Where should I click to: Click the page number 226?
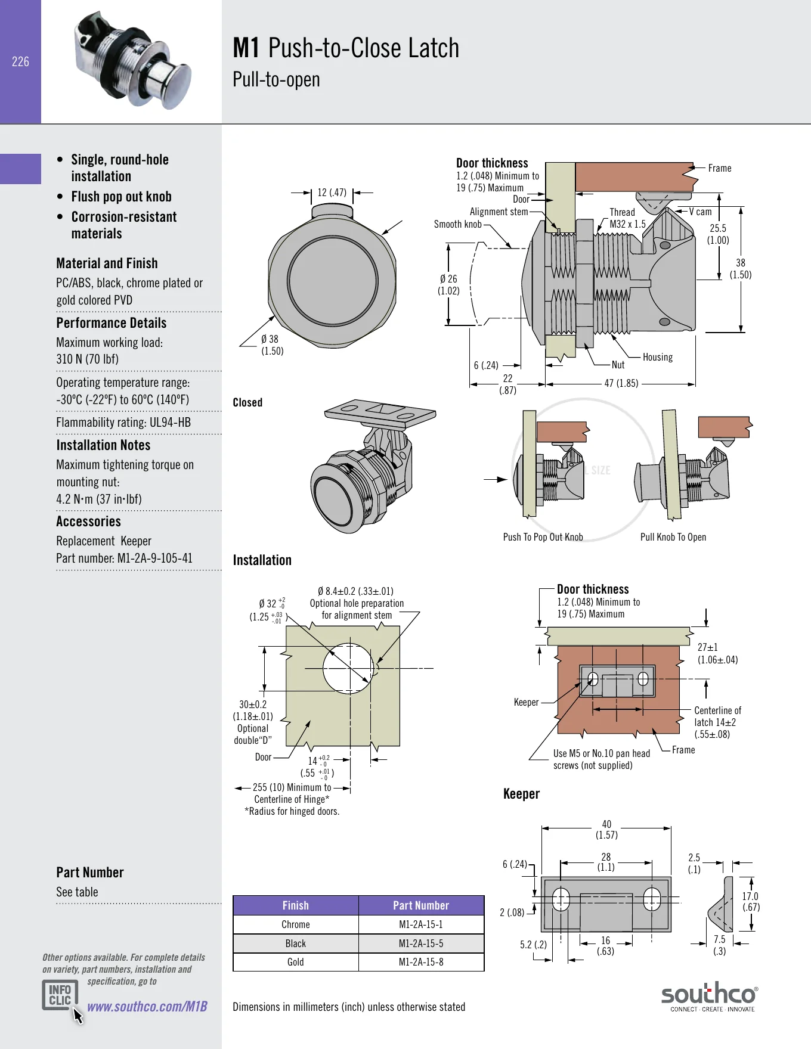coord(20,61)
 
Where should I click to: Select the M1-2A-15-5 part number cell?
coord(421,944)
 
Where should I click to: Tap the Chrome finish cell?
coord(296,924)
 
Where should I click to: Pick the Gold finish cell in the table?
coord(296,962)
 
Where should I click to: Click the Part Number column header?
coord(421,905)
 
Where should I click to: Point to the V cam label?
coord(700,212)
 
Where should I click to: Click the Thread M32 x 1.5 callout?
coord(627,218)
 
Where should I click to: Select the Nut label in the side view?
coord(618,365)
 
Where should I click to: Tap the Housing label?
coord(658,357)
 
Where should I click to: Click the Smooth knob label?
coord(457,224)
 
